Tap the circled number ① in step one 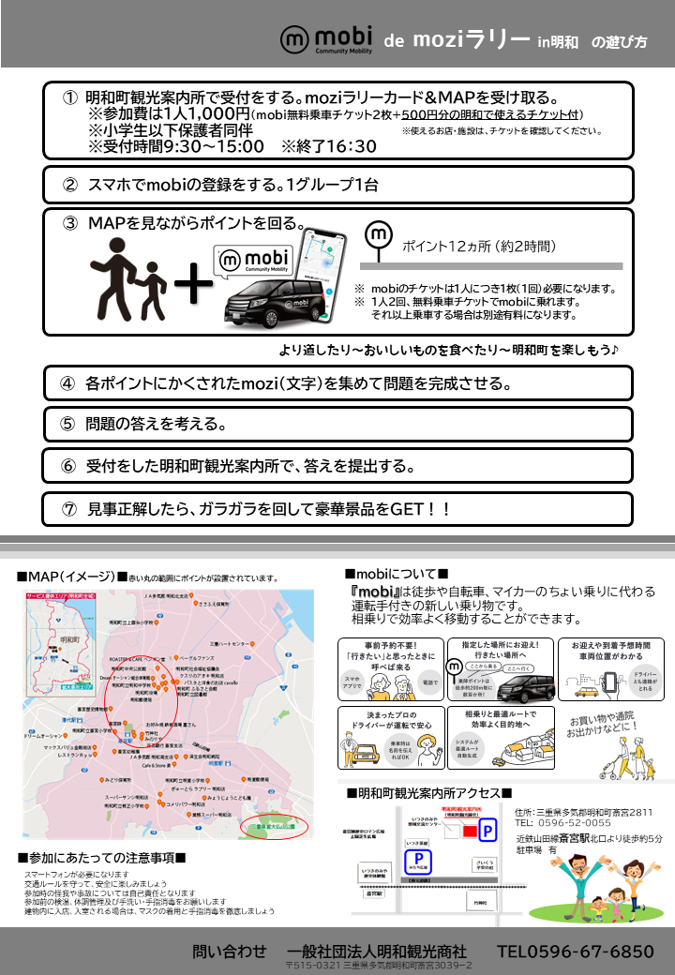[x=68, y=98]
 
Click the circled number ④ [x=67, y=383]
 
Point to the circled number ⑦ [x=68, y=509]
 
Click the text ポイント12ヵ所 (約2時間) [x=479, y=247]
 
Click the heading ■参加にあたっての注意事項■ [x=101, y=858]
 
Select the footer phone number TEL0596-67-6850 [x=575, y=952]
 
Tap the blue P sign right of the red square [x=487, y=831]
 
